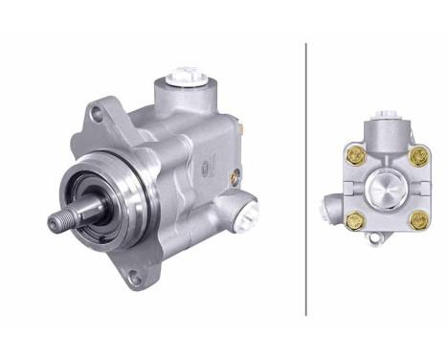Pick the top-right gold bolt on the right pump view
point(417,154)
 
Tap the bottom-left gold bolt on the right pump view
point(353,220)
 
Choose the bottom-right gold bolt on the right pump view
point(417,220)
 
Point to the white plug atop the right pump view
point(387,117)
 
